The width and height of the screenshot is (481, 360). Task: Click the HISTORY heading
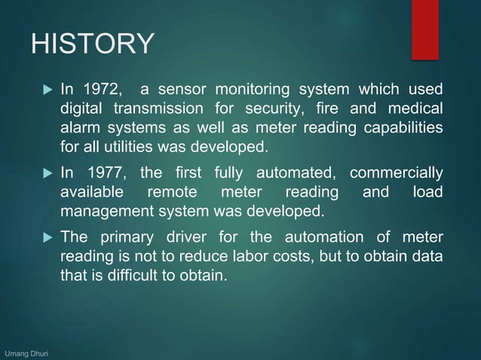click(x=91, y=44)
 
